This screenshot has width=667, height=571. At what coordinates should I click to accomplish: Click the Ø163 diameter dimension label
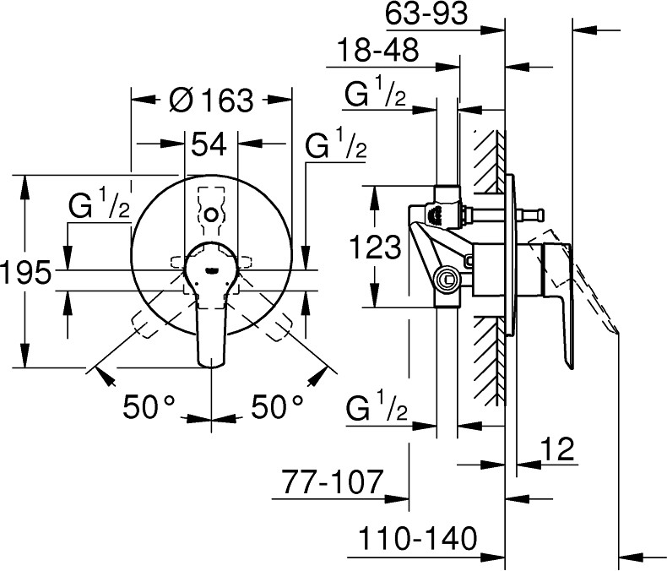point(211,101)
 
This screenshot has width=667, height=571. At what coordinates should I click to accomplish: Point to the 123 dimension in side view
point(375,247)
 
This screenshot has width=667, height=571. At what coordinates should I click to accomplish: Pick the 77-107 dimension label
point(334,485)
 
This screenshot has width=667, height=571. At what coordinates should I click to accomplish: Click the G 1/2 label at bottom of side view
point(377,412)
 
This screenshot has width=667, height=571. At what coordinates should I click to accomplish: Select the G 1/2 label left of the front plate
point(100,206)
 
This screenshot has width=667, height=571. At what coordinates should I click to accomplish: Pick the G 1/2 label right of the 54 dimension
point(336,145)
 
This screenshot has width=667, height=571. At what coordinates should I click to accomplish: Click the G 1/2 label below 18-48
point(376,95)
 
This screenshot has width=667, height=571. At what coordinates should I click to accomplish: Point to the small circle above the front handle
point(211,217)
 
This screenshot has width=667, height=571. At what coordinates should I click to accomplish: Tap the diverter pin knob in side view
point(534,216)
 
